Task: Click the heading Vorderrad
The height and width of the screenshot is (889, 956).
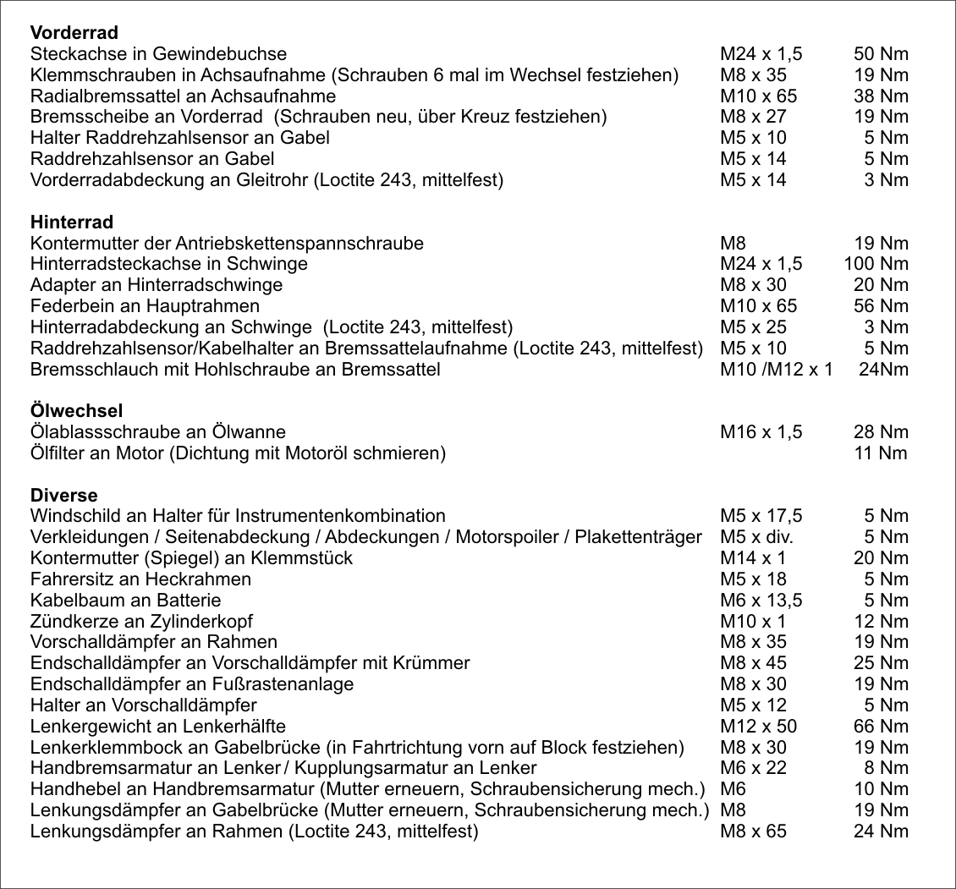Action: [x=74, y=34]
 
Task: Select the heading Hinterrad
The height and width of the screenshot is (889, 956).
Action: [x=71, y=222]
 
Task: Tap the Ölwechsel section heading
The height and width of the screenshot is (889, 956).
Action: [x=76, y=411]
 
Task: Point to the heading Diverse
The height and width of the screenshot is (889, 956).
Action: [x=63, y=495]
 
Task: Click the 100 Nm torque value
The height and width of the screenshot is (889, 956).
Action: [x=876, y=264]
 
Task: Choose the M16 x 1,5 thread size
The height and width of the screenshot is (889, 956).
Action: [x=761, y=432]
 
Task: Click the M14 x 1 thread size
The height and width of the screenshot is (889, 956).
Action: [x=752, y=558]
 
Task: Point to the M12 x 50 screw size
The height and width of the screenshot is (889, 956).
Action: [x=758, y=726]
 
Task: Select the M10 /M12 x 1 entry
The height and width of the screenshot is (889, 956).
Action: [x=776, y=370]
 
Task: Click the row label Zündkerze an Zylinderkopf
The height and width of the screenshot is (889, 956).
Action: [x=141, y=621]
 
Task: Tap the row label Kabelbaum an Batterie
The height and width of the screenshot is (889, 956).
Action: [x=125, y=601]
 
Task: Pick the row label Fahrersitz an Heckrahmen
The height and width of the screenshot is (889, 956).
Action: [x=140, y=579]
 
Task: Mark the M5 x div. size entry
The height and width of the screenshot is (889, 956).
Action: [x=756, y=537]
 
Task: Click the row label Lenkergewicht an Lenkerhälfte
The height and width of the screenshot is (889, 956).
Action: [x=157, y=726]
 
